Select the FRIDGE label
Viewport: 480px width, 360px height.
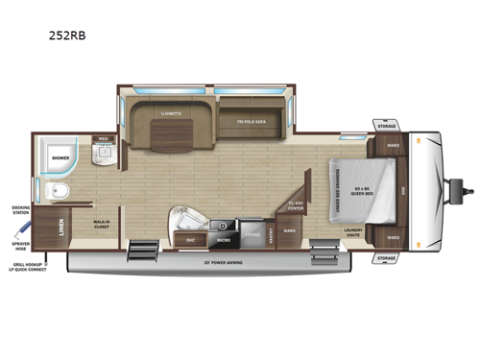coord(252,233)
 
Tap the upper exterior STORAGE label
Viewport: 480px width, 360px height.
coord(386,125)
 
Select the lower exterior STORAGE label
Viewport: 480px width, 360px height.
coord(386,258)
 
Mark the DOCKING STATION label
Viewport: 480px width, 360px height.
coord(20,210)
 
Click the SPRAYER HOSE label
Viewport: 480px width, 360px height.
coord(20,246)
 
